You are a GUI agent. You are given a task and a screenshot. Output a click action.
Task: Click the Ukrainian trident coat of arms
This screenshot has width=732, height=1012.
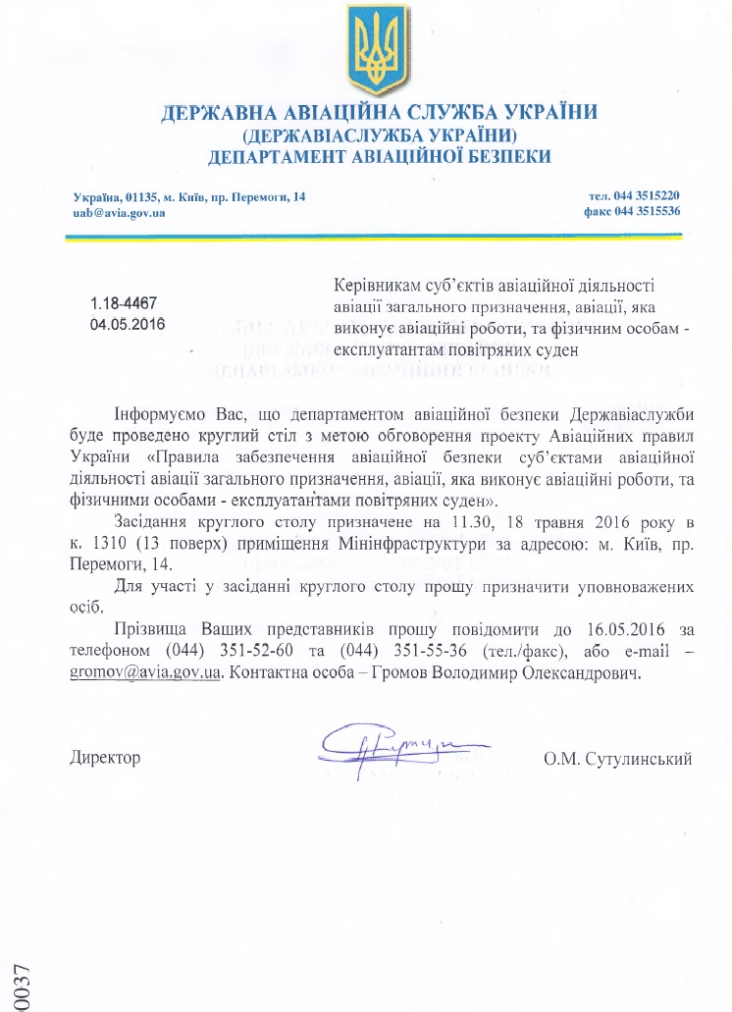[x=377, y=48]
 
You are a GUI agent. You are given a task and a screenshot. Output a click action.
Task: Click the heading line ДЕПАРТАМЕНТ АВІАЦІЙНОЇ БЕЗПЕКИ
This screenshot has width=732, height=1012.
[x=379, y=155]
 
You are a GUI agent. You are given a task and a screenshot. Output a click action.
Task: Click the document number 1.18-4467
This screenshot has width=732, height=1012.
[x=125, y=303]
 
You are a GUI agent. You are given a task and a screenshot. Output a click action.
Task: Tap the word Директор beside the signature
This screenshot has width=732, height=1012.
[x=106, y=757]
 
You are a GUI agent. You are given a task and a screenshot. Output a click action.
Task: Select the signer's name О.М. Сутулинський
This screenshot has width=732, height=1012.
[x=618, y=758]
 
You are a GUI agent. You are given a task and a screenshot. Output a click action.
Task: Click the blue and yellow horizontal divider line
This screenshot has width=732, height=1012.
[x=373, y=237]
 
